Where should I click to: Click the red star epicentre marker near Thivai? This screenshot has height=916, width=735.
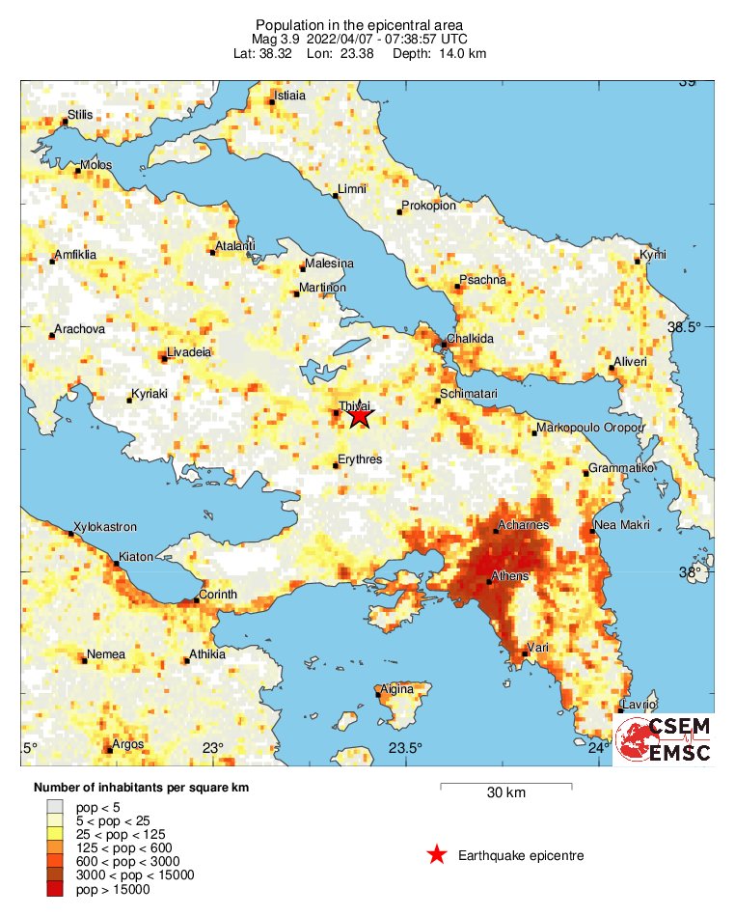[x=359, y=416]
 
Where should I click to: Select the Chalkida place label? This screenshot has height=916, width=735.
[x=471, y=339]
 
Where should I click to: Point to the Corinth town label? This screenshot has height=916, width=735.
[x=217, y=595]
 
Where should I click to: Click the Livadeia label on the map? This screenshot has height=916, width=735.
[x=188, y=352]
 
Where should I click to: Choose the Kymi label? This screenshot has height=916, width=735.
[x=653, y=256]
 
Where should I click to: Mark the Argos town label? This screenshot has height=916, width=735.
[x=128, y=745]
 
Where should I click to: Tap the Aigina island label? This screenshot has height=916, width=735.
[x=397, y=689]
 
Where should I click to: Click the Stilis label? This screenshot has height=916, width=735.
[x=81, y=115]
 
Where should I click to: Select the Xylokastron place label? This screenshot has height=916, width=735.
[x=105, y=527]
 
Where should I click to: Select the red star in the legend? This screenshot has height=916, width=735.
[x=437, y=855]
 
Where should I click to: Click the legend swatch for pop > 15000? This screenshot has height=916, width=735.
[x=54, y=890]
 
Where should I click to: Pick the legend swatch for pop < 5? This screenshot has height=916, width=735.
[x=54, y=806]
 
